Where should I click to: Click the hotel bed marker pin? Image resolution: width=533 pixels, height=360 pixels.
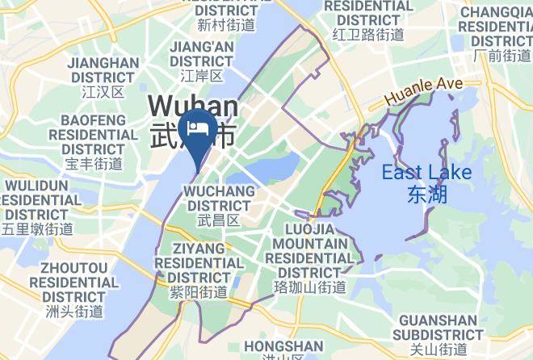(197, 130)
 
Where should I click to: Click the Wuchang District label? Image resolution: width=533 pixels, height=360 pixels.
(220, 199)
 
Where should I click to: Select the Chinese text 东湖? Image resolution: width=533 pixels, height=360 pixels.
(427, 194)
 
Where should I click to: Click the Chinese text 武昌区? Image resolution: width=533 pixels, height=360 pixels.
(220, 220)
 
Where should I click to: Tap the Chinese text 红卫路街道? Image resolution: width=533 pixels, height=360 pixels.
(368, 34)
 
